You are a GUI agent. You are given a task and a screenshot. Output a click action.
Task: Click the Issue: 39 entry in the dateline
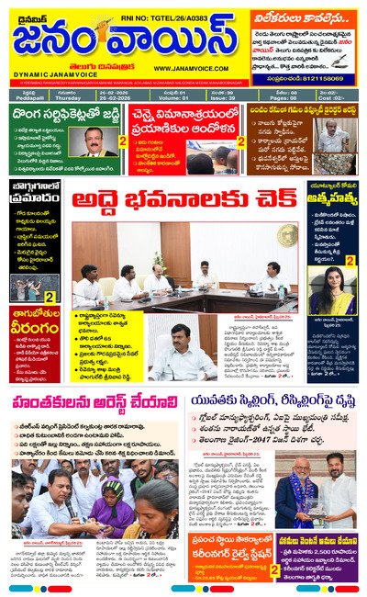[x=221, y=97]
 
